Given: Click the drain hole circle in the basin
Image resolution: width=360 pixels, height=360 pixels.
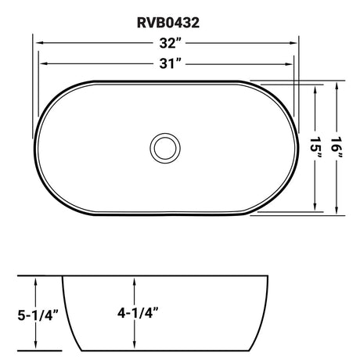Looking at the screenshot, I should pos(164,146).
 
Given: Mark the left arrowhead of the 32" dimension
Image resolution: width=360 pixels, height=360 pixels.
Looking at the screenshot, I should pos(36,45).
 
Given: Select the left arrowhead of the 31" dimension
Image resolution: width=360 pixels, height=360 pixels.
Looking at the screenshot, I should pos(42,64).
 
